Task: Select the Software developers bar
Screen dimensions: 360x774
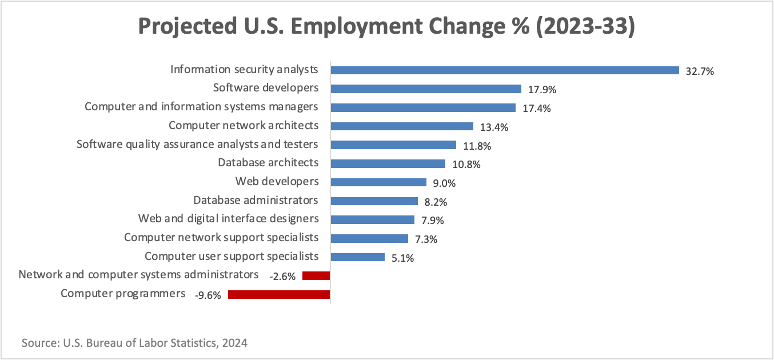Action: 426,89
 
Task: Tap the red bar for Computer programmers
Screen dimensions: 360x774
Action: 279,295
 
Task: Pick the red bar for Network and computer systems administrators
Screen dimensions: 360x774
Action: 316,276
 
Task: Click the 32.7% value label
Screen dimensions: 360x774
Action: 700,71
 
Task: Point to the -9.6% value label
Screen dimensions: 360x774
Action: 208,295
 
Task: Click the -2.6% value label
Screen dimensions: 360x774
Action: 282,277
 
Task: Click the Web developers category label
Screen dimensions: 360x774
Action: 277,182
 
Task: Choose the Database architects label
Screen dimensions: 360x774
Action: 268,163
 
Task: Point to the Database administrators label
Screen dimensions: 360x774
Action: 256,201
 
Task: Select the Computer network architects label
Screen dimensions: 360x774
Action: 244,126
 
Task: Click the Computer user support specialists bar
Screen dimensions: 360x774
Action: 358,257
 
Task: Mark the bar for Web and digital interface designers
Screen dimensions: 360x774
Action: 373,219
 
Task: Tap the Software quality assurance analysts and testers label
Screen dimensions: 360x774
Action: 197,145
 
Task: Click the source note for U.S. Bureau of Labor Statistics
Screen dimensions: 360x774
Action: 135,343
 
